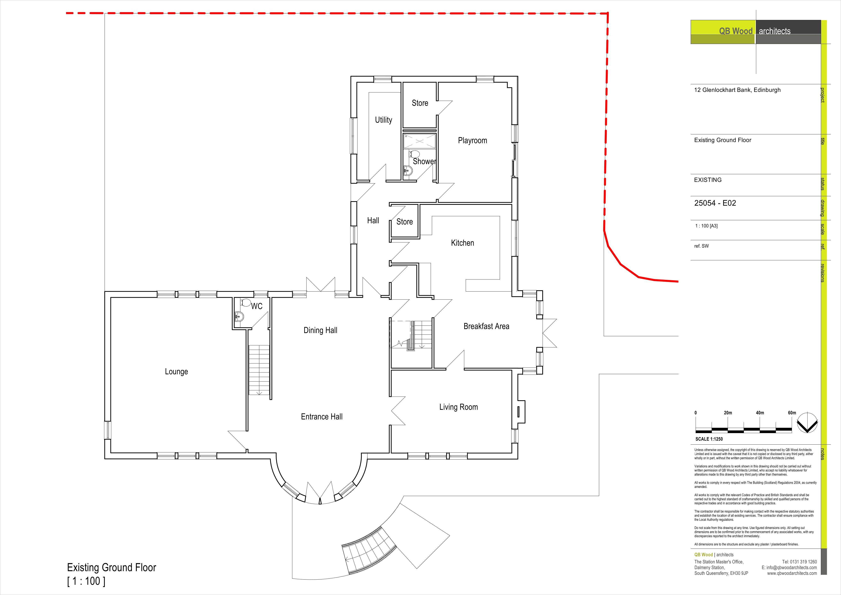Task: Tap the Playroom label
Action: coord(472,140)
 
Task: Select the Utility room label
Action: coord(384,120)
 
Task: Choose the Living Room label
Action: coord(459,407)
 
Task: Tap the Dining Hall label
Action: coord(321,330)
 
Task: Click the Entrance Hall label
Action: coord(322,416)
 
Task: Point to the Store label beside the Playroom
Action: coord(420,103)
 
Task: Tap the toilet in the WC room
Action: coord(245,303)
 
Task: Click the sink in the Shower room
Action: coord(408,170)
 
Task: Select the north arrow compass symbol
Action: coord(808,423)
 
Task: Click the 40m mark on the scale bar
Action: coord(760,413)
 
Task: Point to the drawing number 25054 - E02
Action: coord(715,203)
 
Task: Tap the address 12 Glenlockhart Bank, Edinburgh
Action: coord(737,90)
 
